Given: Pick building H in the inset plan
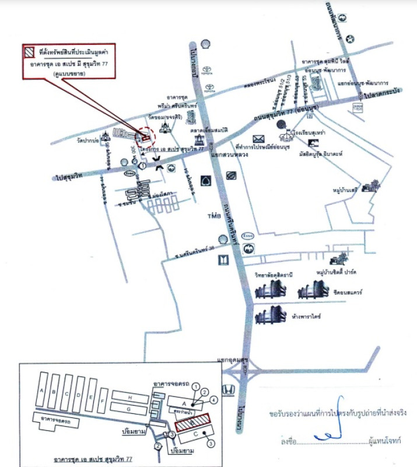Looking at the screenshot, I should [x=131, y=397].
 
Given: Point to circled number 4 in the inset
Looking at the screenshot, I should [x=214, y=399].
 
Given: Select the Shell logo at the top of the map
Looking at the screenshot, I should [x=205, y=43].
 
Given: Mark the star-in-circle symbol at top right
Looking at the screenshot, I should [x=349, y=39].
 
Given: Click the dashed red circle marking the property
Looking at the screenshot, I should [x=145, y=137].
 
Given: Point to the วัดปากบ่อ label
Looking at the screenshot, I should [x=86, y=140].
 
